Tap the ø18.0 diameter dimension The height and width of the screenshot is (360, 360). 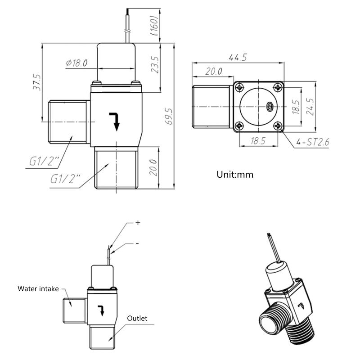[76, 63]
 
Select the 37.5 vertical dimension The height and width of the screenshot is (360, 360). [37, 82]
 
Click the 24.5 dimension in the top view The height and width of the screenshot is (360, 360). [310, 108]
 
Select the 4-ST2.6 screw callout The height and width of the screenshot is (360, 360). [313, 143]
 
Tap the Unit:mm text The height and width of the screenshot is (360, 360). [235, 174]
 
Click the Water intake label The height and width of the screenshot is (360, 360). [38, 288]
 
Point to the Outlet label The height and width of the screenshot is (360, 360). [137, 318]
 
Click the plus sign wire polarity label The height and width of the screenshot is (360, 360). [138, 222]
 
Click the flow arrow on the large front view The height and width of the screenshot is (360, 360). [115, 121]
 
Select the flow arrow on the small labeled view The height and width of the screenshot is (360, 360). [101, 310]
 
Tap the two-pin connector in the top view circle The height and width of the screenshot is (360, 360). [270, 106]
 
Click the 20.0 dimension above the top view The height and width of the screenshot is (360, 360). [213, 72]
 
